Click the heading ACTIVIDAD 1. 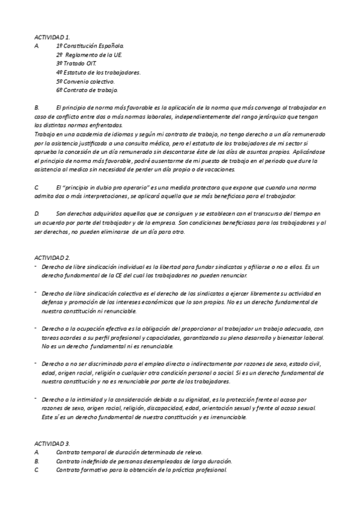click(52, 37)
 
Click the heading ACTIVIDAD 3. click(52, 443)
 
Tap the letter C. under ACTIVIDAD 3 click(37, 470)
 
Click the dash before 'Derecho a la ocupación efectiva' click(36, 328)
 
